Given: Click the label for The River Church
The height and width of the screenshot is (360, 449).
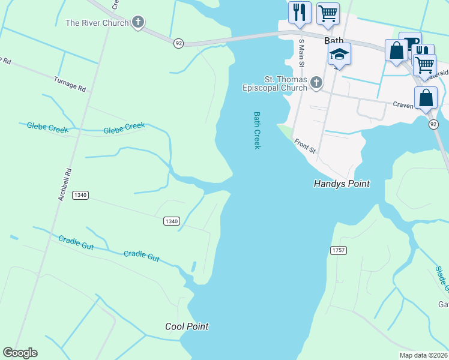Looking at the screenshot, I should (x=97, y=23).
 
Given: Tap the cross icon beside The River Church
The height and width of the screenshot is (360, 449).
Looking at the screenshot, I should (x=138, y=23).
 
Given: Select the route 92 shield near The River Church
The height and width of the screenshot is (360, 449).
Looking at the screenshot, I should (x=178, y=43).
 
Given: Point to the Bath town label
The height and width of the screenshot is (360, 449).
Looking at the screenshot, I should (x=334, y=41).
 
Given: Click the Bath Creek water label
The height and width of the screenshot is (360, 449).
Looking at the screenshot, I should (x=258, y=130).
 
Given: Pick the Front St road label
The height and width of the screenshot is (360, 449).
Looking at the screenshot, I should (x=305, y=146).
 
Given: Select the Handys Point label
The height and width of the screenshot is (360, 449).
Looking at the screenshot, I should (x=342, y=184).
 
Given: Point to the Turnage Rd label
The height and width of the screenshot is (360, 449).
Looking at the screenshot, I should (x=70, y=83).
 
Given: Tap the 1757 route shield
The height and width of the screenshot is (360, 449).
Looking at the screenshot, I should (x=337, y=250).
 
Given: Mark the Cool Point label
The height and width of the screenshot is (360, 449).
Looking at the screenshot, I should (x=187, y=326).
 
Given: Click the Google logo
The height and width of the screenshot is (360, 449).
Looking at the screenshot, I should (x=20, y=353).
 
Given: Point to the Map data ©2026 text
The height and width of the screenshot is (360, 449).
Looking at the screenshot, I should (x=423, y=355).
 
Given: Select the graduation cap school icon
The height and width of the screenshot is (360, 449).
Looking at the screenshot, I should (x=339, y=55).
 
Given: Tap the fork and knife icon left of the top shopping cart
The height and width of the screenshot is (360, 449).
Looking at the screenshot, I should (x=300, y=12).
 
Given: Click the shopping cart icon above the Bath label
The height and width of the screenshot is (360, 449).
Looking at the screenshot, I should (x=328, y=13).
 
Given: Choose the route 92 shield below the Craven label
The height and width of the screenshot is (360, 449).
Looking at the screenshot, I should (x=433, y=125).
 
